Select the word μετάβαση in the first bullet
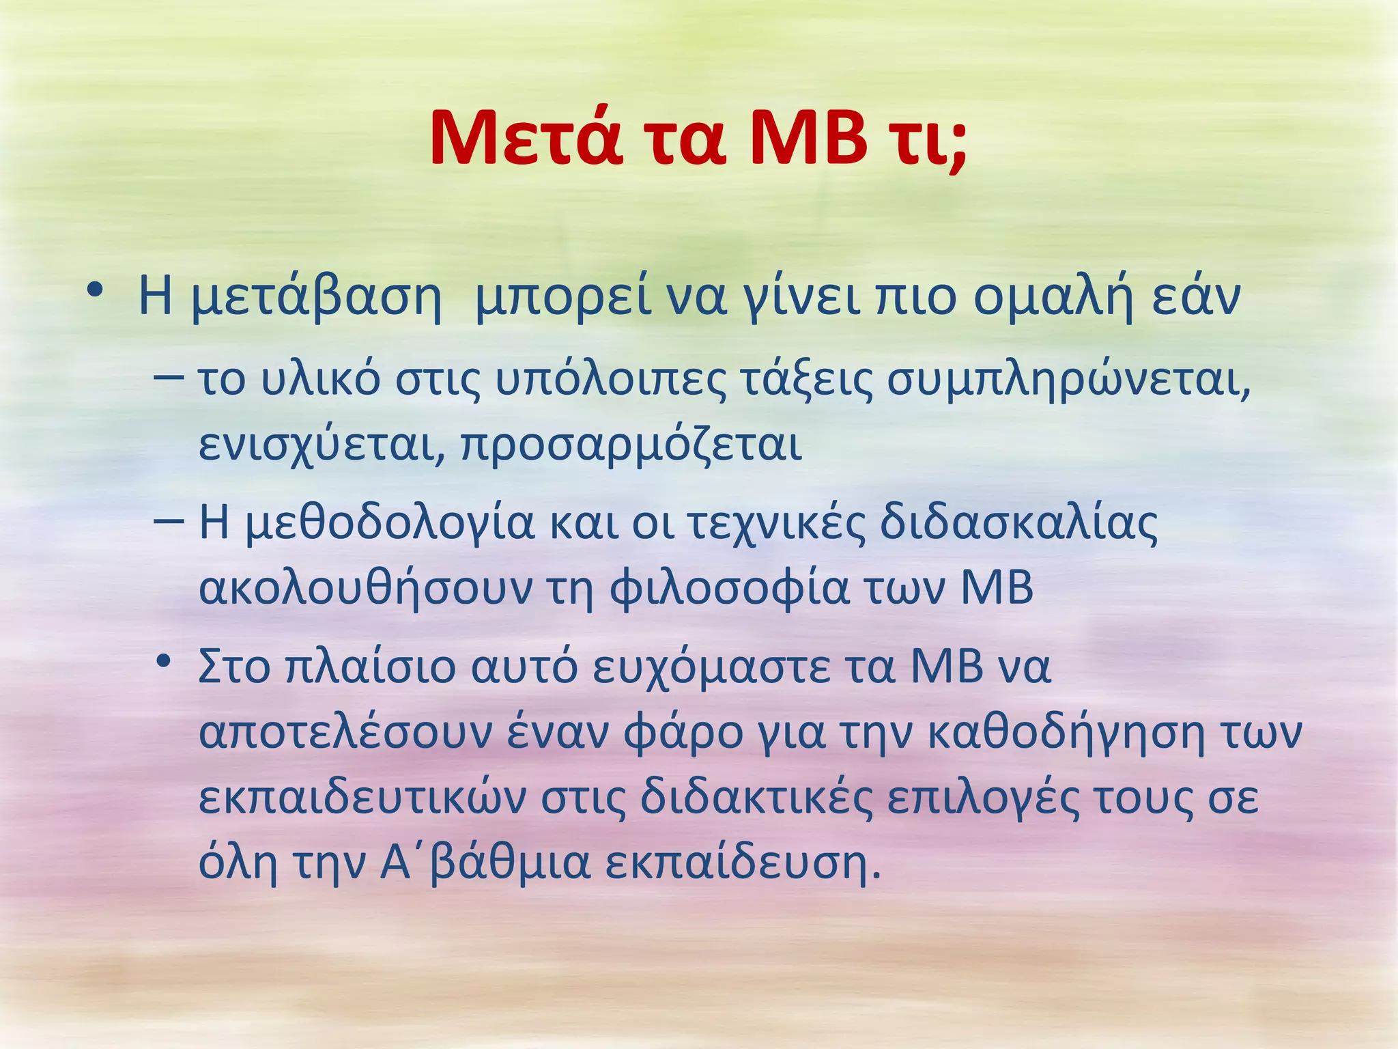pos(316,299)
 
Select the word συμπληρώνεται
pos(1068,381)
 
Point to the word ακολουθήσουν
pos(365,589)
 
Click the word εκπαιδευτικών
pos(362,798)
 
